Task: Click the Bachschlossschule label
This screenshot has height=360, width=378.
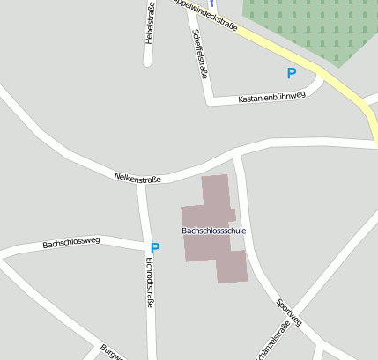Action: (214, 231)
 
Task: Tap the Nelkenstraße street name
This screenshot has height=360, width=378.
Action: (137, 178)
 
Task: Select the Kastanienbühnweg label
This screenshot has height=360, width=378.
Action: (271, 97)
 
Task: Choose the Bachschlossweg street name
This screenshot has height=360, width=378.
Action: (71, 242)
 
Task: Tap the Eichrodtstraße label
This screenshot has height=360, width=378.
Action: (149, 282)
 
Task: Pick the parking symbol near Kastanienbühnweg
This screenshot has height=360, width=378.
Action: (291, 74)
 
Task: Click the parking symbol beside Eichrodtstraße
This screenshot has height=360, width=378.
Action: (155, 249)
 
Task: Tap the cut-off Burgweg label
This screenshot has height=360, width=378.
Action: (112, 351)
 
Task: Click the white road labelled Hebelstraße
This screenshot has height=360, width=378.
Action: (148, 53)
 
